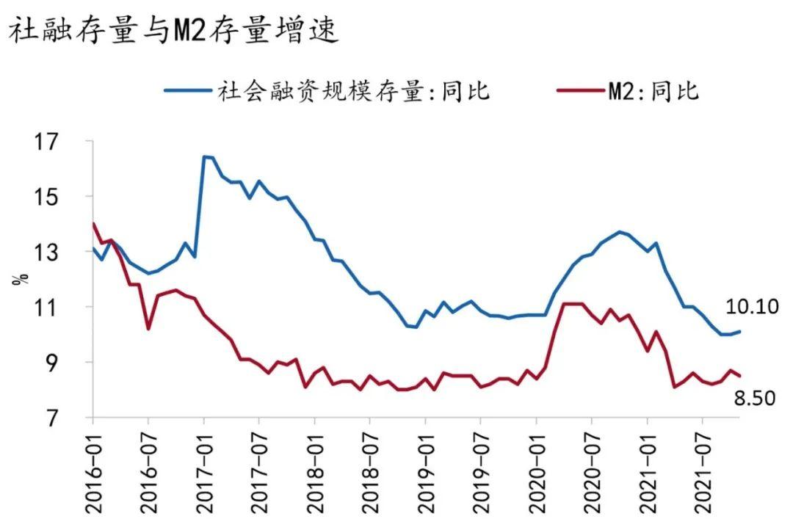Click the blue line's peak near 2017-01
(205, 156)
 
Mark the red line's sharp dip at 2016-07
(148, 329)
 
